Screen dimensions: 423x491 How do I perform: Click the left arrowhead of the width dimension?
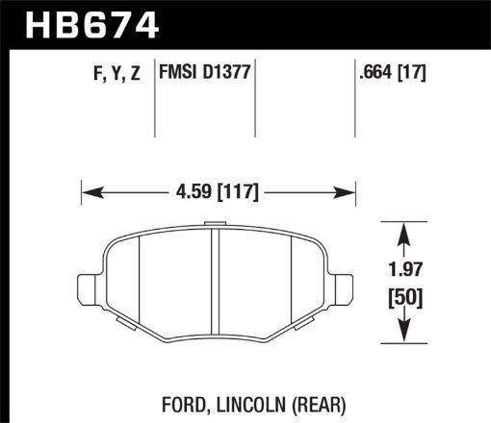[x=88, y=191]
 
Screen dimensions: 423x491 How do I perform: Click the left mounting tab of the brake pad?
[x=86, y=286]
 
